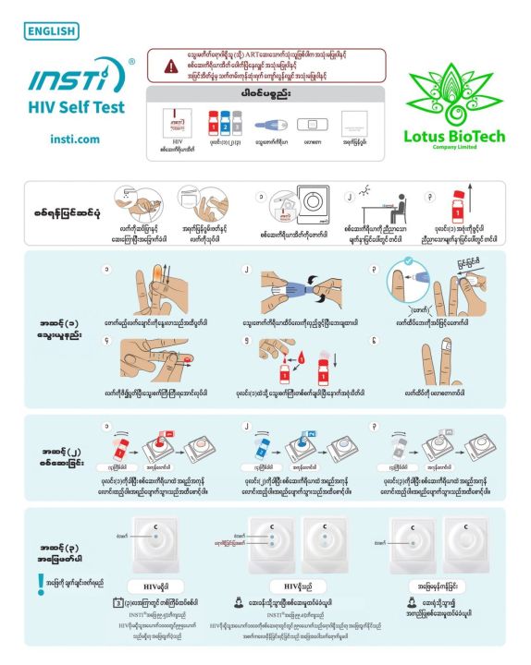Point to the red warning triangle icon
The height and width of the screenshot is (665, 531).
170,66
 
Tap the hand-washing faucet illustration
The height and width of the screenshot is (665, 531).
131,200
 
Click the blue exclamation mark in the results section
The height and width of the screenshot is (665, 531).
39,584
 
